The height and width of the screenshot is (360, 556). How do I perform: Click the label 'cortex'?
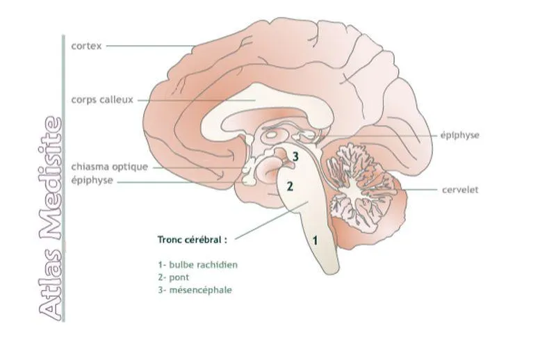[x=86, y=46]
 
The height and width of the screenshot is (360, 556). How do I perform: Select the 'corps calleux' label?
[x=101, y=99]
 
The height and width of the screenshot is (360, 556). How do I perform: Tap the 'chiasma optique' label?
[x=110, y=167]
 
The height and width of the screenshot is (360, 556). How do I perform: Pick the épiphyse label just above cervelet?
[x=460, y=135]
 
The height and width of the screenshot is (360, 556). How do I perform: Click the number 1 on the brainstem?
[x=316, y=240]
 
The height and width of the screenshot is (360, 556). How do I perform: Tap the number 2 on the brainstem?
[x=291, y=186]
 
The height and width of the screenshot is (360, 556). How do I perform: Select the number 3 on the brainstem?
[x=295, y=157]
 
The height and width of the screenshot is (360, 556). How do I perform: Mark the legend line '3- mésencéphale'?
[x=195, y=290]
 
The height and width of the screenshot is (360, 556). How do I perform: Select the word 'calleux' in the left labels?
[x=118, y=99]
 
